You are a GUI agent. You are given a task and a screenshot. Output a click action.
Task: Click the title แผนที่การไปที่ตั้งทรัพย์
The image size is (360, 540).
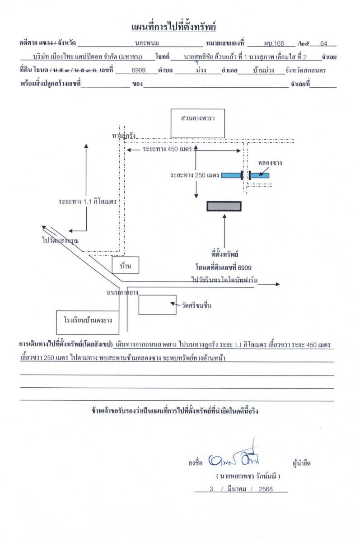click(x=173, y=27)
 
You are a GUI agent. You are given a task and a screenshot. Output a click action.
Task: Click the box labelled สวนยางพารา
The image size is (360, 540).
click(x=197, y=123)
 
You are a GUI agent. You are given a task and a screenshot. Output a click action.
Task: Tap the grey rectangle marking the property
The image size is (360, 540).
click(x=224, y=206)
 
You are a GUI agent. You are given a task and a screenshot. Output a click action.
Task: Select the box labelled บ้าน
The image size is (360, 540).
click(x=125, y=265)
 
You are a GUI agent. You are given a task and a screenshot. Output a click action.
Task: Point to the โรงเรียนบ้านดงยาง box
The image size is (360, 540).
click(x=88, y=322)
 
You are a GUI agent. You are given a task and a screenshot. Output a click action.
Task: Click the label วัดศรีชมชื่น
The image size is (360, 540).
click(x=196, y=305)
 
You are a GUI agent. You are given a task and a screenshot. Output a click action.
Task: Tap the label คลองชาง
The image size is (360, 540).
click(x=270, y=163)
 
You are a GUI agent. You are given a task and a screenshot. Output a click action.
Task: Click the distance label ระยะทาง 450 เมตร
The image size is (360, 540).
click(x=167, y=150)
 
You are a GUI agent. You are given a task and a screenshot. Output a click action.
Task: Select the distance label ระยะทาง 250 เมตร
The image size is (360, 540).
click(x=195, y=175)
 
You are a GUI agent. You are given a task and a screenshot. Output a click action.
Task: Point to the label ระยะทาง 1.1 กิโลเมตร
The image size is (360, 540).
click(x=88, y=201)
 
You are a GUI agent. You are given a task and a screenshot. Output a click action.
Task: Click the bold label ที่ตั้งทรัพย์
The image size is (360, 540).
click(x=225, y=254)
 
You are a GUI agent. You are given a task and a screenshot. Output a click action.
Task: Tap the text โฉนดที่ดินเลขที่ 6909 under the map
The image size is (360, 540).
click(x=224, y=268)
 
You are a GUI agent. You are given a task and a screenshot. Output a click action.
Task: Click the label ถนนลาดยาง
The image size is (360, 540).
click(x=122, y=292)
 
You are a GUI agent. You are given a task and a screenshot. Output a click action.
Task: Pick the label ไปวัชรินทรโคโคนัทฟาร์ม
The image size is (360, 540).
click(x=224, y=280)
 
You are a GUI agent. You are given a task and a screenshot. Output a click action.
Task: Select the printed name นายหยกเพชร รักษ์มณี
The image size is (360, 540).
click(x=248, y=476)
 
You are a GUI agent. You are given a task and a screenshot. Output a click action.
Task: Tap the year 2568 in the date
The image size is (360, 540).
click(x=266, y=489)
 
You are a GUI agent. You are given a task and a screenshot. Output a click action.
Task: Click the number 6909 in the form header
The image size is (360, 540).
click(x=139, y=70)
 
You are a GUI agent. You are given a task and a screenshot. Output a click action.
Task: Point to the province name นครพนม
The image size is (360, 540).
click(x=147, y=43)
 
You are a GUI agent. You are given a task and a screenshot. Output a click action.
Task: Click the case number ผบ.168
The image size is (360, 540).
click(x=274, y=43)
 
